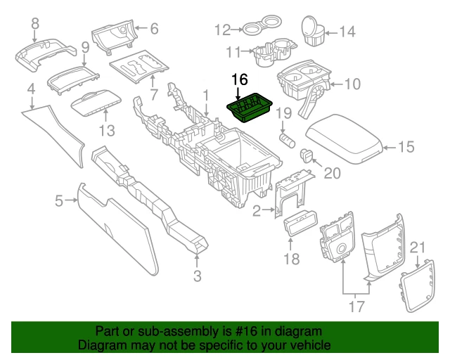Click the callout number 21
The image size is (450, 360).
point(418,247)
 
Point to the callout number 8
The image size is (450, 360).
point(35,26)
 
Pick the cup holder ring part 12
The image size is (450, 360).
point(252,30)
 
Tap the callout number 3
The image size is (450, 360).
point(198,276)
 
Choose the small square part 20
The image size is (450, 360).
point(307,155)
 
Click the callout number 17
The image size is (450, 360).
point(356,306)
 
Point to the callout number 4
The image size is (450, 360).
point(31,89)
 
